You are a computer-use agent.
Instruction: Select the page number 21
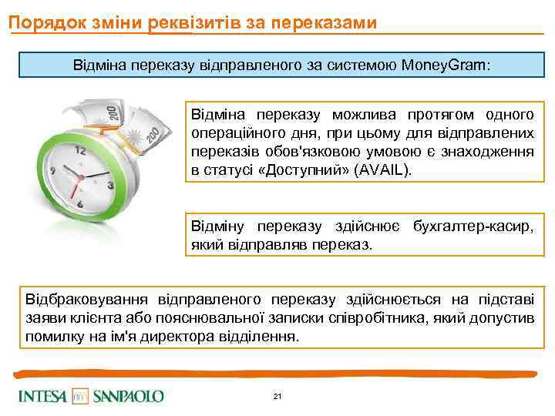tap(277, 397)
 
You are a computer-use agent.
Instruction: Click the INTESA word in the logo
tap(43, 397)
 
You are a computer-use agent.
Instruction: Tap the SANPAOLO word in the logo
tap(128, 397)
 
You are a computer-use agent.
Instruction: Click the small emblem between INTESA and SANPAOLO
tap(81, 397)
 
